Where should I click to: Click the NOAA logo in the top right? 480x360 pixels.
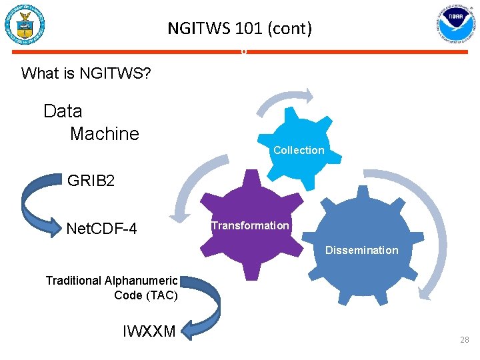(x=455, y=25)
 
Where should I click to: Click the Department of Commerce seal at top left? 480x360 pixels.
(x=25, y=25)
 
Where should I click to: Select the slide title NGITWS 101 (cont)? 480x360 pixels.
(x=239, y=29)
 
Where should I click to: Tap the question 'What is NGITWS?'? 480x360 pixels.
(x=86, y=73)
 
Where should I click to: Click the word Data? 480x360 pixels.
(x=63, y=111)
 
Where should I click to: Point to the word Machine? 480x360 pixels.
(x=105, y=133)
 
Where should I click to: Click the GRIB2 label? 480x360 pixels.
(x=91, y=180)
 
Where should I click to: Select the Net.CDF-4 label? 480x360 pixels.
(x=102, y=229)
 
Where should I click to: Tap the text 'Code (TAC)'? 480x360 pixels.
(x=146, y=295)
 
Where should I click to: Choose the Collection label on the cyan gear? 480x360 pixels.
(x=299, y=150)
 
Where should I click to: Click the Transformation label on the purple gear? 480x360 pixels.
(x=250, y=225)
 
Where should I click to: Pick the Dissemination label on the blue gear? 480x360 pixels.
(x=361, y=250)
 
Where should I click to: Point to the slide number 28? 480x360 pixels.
(x=464, y=340)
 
